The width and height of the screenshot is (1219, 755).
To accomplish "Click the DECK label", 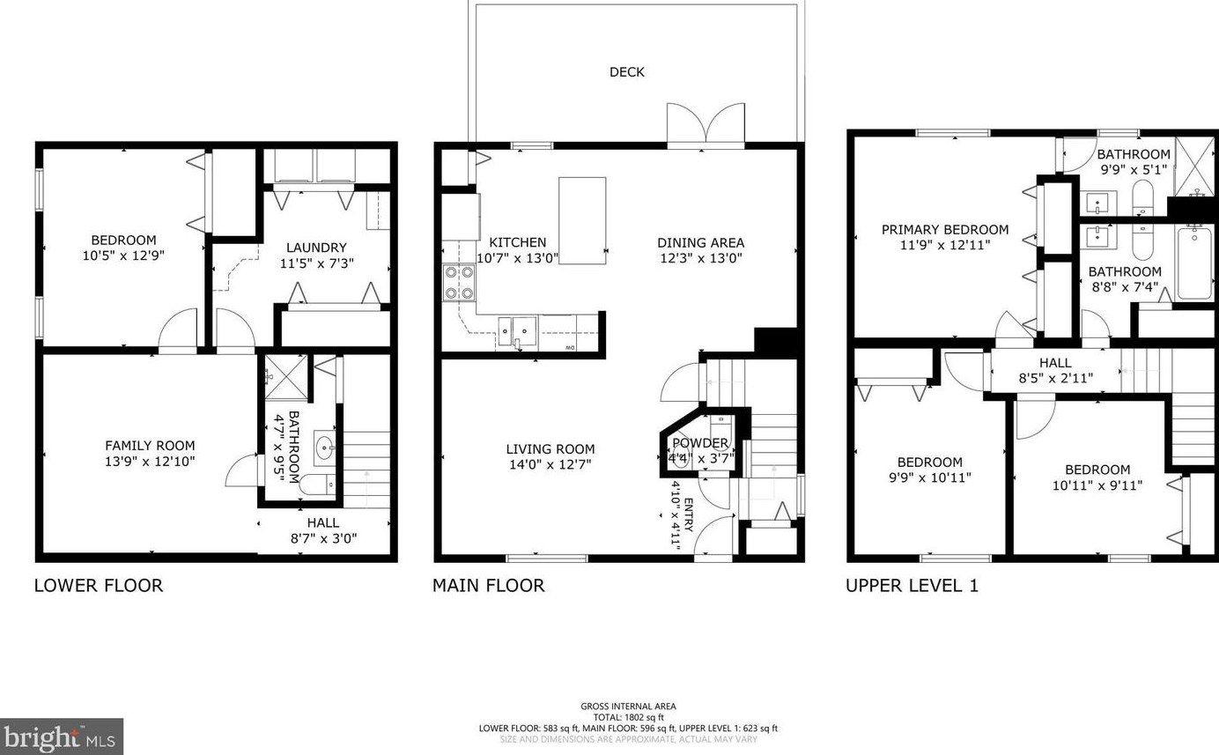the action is pos(627,72).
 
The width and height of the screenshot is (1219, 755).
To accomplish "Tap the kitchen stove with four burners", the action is pos(459,283).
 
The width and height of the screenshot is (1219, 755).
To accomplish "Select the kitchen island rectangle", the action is pos(582,220).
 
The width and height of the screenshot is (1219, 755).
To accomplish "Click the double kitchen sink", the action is pos(517,331).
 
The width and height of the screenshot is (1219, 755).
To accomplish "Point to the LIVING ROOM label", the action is pos(550,449).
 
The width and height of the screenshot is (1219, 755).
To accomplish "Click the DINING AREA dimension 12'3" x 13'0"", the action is pos(701,258).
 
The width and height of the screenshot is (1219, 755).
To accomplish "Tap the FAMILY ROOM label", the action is pos(150,446).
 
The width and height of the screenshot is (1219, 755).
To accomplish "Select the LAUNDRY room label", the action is pos(316,248).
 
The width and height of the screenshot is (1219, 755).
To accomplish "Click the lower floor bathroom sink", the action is pos(325,448).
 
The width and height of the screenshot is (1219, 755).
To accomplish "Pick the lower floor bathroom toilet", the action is pos(317,484).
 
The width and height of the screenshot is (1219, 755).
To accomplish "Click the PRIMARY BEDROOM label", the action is pos(945,230).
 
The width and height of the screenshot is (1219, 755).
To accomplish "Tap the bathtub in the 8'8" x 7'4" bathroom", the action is pos(1194,263).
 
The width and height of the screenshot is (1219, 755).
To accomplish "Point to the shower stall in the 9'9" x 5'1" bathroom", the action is pos(1194,167).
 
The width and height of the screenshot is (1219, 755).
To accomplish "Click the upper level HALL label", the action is pos(1055,363).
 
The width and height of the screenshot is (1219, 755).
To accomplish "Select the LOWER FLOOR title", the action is pos(99,586).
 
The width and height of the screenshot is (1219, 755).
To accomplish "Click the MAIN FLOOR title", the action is pos(488,586).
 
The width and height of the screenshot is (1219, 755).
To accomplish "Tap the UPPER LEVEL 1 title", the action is pos(912,586).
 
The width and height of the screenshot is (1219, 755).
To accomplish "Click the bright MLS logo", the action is pos(61,737).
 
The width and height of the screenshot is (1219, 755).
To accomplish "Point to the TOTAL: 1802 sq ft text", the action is pos(629,717).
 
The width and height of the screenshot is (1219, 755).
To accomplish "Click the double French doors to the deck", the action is pos(706,124).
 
